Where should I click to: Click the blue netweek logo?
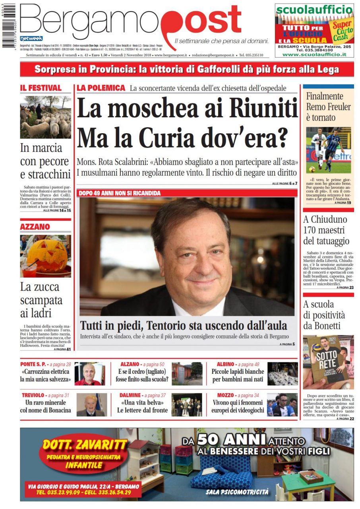[x=28, y=38]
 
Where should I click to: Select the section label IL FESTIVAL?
[x=41, y=88]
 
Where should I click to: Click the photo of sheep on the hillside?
[x=46, y=117]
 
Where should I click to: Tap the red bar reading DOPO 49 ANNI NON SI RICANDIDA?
[x=120, y=193]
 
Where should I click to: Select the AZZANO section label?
[x=35, y=227]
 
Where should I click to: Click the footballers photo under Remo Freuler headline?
[x=328, y=149]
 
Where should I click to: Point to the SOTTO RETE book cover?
[x=328, y=362]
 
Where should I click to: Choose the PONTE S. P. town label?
[x=35, y=364]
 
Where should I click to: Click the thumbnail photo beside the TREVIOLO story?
[x=91, y=404]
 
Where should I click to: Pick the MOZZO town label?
[x=225, y=395]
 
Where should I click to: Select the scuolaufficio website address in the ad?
[x=314, y=54]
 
